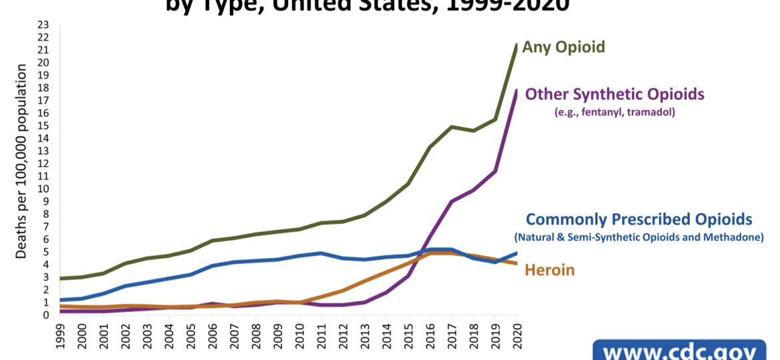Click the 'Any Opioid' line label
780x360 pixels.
[x=563, y=47]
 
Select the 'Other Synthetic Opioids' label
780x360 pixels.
[x=615, y=94]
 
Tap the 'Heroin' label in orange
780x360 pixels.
[x=550, y=270]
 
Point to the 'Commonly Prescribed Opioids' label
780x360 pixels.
[x=639, y=219]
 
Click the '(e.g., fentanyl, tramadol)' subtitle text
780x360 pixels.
[x=615, y=113]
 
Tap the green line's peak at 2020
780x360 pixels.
[x=516, y=45]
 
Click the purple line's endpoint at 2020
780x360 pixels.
[x=516, y=90]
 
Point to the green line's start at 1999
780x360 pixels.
[x=61, y=278]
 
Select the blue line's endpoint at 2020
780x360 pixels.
[x=516, y=253]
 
